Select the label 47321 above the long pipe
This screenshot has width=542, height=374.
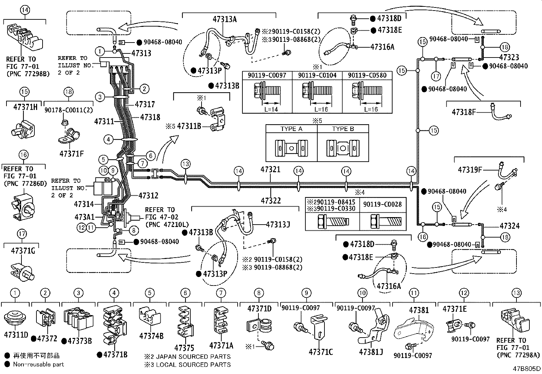tap(271, 169)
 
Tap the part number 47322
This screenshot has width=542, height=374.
tap(271, 200)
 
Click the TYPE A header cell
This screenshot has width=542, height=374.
tap(291, 129)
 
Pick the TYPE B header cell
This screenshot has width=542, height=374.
tap(343, 129)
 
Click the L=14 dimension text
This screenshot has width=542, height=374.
tap(271, 110)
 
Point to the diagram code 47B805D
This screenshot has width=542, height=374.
tap(527, 369)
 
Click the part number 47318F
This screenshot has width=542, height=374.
tap(464, 112)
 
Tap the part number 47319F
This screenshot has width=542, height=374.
tap(470, 169)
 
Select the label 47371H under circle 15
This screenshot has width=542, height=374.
tap(25, 107)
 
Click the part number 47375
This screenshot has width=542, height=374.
tap(184, 348)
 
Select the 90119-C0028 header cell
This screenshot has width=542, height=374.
tap(382, 204)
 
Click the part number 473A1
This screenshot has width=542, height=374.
tap(84, 217)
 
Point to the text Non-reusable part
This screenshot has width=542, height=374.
tap(38, 364)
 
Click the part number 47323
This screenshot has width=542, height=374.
tap(509, 58)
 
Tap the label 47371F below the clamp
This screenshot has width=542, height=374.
tap(71, 153)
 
